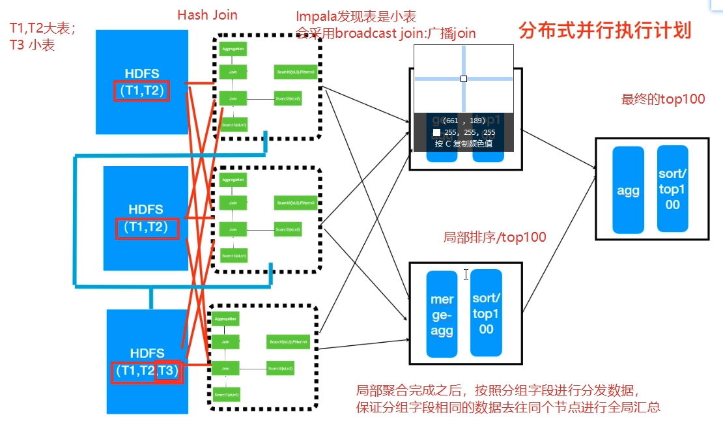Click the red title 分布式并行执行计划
(604, 31)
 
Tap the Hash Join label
(207, 15)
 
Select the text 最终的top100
(663, 100)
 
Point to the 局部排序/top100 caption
(494, 238)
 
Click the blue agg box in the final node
(628, 190)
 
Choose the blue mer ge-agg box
(442, 314)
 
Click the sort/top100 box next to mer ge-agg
(486, 313)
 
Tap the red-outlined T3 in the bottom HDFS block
(167, 371)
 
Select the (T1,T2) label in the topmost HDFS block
(141, 91)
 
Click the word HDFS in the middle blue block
(145, 210)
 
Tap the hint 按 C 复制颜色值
(463, 143)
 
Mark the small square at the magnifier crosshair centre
(464, 79)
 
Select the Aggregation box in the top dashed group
(233, 50)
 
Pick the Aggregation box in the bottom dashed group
(225, 319)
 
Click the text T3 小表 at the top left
(32, 45)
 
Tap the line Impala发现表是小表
(356, 16)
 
